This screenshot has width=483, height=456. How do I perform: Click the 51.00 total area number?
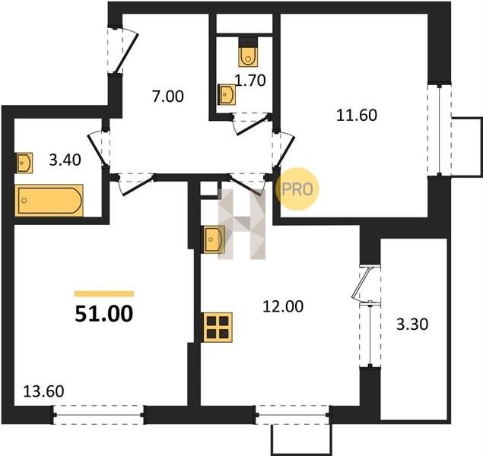[x=103, y=314]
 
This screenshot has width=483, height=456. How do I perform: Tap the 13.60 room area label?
[x=44, y=391]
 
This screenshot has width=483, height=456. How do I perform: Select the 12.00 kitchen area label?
[x=283, y=306]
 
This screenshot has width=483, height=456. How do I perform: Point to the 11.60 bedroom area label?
[x=357, y=116]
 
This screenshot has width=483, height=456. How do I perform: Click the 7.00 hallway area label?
[x=168, y=97]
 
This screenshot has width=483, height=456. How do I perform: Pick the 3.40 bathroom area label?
[x=65, y=160]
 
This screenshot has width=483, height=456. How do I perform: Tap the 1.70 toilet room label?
[x=250, y=81]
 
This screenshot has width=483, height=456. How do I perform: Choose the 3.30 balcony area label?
[x=412, y=325]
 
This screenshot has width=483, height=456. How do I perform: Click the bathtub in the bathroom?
[x=49, y=201]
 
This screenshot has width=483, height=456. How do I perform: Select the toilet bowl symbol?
[x=248, y=52]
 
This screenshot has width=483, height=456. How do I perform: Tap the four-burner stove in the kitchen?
[x=218, y=328]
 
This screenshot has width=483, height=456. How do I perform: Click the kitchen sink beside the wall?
[x=214, y=239]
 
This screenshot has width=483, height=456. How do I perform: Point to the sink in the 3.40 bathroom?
[x=24, y=163]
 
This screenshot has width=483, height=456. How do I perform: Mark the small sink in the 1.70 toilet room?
[x=227, y=94]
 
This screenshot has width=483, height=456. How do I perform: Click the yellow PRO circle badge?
[x=297, y=189]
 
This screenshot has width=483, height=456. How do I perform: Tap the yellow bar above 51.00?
[x=104, y=293]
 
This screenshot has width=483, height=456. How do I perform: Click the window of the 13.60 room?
[x=99, y=415]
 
